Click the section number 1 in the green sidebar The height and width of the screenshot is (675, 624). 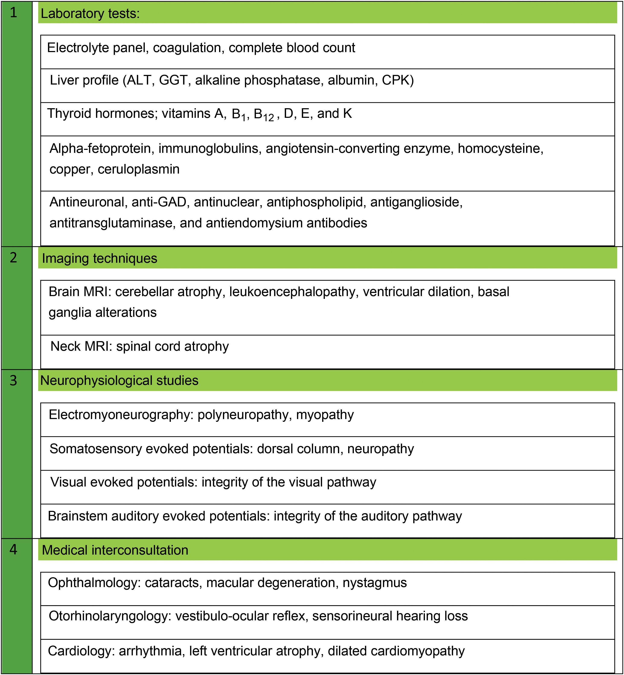click(13, 13)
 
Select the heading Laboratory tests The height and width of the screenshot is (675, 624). click(90, 13)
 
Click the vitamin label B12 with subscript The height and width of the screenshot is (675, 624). click(264, 114)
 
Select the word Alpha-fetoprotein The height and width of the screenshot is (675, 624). click(100, 149)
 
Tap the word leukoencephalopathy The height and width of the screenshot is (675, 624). click(293, 292)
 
